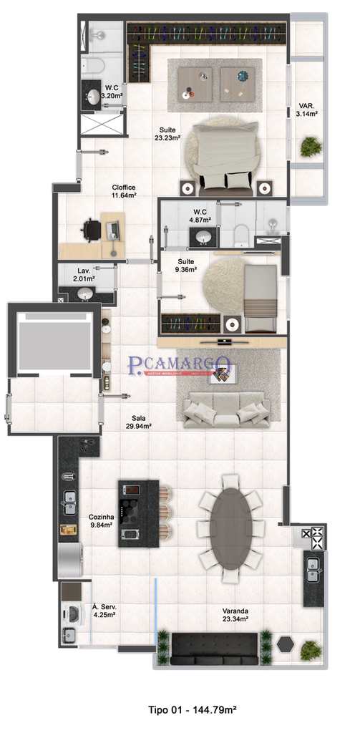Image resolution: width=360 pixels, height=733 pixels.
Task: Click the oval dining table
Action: [x=230, y=520]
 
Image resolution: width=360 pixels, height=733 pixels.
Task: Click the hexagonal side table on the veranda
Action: [x=286, y=643]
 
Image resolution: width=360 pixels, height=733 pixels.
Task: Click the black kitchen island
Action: [x=137, y=513]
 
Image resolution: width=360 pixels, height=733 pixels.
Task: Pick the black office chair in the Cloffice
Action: [x=91, y=230]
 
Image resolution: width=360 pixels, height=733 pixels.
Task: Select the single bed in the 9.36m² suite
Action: [x=259, y=298]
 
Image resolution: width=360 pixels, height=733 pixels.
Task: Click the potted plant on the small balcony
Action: [x=311, y=147]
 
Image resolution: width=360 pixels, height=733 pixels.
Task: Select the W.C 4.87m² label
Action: [x=200, y=216]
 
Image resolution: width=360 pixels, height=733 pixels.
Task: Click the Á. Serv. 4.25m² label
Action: [x=104, y=611]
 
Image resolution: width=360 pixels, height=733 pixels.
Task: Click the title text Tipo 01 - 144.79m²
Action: [x=192, y=709]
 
